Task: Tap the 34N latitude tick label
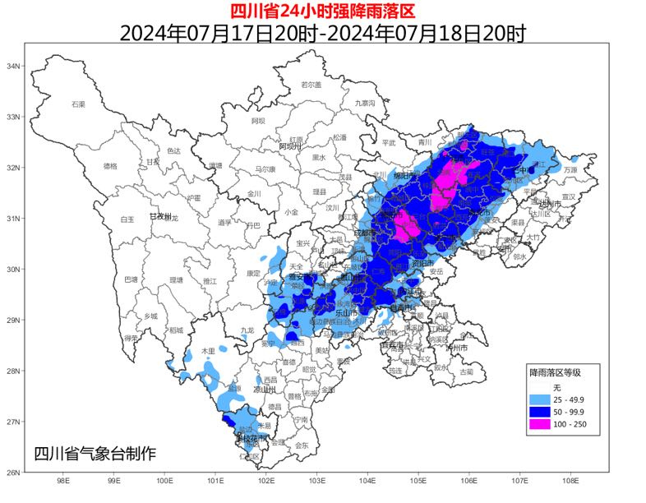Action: tap(13, 66)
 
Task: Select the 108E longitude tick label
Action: tap(570, 479)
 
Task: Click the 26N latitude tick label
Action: tap(13, 473)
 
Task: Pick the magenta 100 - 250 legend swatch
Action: tap(540, 424)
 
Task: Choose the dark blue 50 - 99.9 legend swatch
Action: tap(540, 412)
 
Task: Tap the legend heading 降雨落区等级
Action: tap(555, 372)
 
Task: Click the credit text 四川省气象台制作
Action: tap(94, 453)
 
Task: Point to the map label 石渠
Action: tap(78, 104)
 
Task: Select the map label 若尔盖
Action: tap(311, 85)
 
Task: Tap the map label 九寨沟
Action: tap(364, 103)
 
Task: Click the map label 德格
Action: tap(110, 165)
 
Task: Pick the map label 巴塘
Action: tap(131, 279)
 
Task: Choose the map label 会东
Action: tap(302, 445)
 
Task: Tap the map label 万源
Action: tap(570, 169)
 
